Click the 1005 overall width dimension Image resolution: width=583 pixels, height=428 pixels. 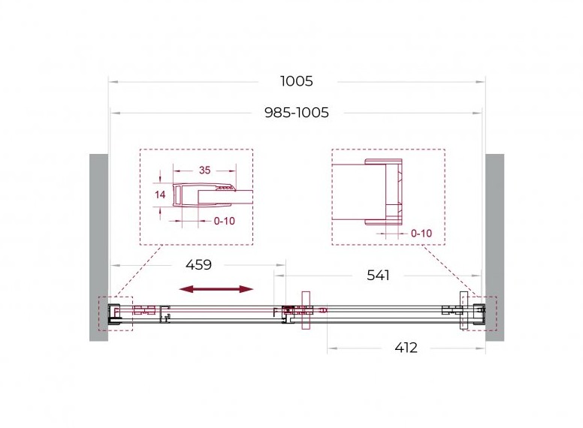point(296,81)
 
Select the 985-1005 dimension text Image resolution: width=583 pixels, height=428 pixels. point(296,112)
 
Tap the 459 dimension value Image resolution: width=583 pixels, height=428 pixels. point(198,265)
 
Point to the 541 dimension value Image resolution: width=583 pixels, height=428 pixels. point(378,276)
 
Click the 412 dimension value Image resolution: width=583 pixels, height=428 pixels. point(406,348)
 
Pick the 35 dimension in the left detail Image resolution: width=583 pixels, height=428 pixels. point(204,170)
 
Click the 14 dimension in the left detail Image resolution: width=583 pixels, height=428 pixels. point(160,194)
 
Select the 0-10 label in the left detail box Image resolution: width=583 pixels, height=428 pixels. point(224,221)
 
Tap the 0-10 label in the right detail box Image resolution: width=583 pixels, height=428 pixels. point(421,234)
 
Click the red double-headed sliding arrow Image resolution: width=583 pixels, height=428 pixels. point(216,289)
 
